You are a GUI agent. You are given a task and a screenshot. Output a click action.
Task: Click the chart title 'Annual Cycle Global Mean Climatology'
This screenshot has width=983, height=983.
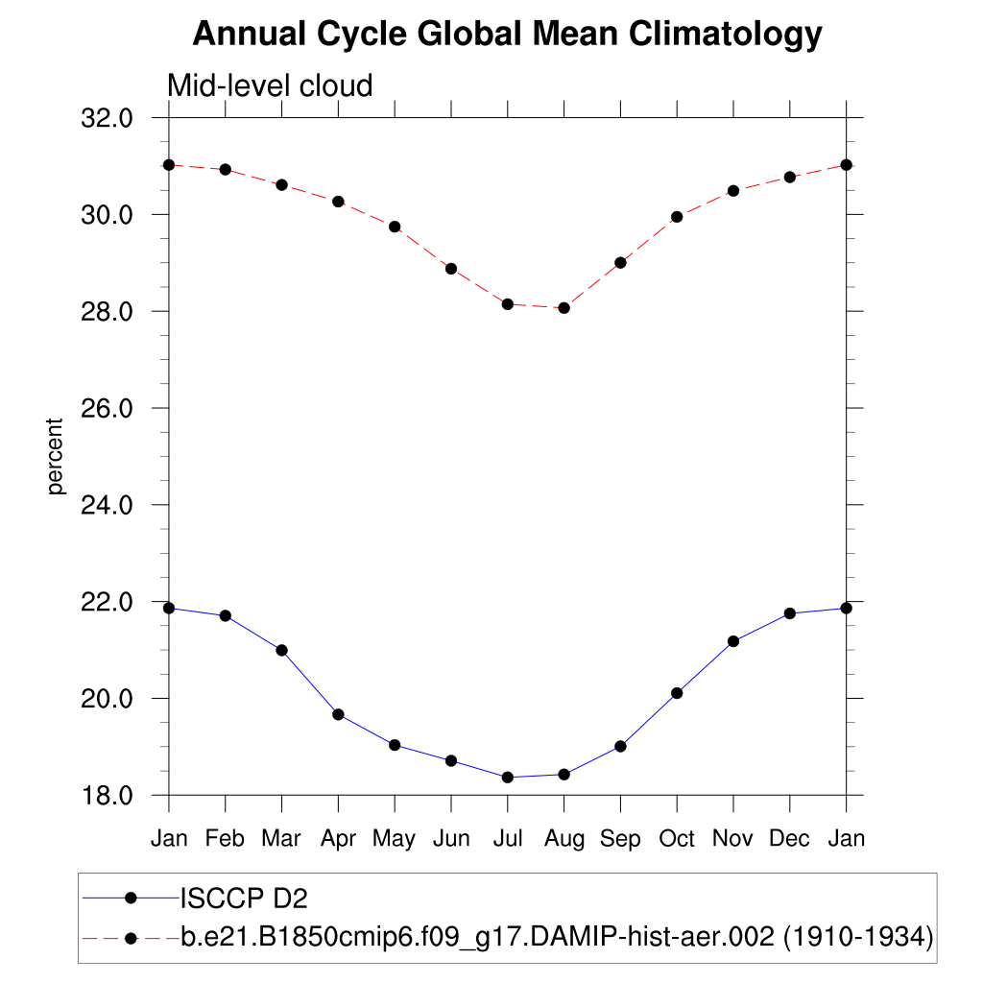507,35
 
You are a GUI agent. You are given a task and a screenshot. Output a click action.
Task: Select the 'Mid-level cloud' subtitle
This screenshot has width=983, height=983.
270,86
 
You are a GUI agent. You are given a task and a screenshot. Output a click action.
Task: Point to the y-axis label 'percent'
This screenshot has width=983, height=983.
56,456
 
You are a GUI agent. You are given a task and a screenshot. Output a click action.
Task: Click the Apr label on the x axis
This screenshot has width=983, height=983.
338,839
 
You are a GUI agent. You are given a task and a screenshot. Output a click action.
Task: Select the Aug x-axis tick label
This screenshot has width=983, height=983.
563,839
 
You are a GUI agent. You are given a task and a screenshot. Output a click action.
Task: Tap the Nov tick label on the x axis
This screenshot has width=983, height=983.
733,839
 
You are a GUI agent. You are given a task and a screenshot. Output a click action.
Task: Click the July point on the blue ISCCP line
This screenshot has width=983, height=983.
508,778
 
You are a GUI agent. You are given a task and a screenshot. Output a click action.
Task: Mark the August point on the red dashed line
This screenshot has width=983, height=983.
564,308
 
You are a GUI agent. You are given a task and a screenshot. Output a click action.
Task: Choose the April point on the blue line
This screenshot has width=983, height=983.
338,714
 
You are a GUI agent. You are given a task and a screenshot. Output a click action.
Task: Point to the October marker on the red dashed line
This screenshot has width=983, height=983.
677,217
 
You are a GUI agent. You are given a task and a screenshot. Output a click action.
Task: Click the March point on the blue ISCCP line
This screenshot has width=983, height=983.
282,650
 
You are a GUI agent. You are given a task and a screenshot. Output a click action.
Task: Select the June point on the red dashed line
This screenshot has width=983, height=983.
451,269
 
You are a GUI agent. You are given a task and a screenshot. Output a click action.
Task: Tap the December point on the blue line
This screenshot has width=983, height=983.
790,613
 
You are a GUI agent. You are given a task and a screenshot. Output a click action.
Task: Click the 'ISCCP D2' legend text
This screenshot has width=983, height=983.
244,899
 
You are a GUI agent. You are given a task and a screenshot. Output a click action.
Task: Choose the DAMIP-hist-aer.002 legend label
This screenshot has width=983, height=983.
557,936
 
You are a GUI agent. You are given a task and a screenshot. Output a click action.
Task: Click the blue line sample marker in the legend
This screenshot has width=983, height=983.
132,899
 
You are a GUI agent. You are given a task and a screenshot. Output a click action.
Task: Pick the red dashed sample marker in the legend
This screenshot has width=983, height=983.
132,936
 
